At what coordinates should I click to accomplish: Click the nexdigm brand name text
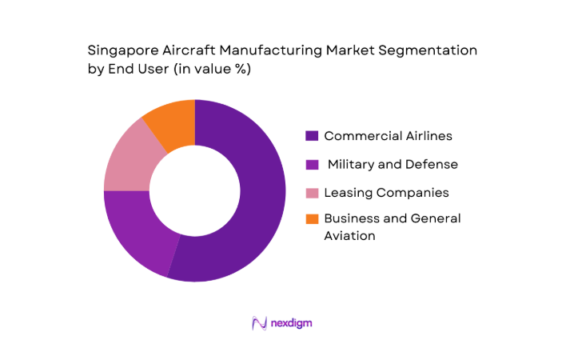[290, 324]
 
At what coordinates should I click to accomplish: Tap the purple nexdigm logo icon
[259, 323]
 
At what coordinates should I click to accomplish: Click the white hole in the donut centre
[194, 190]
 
